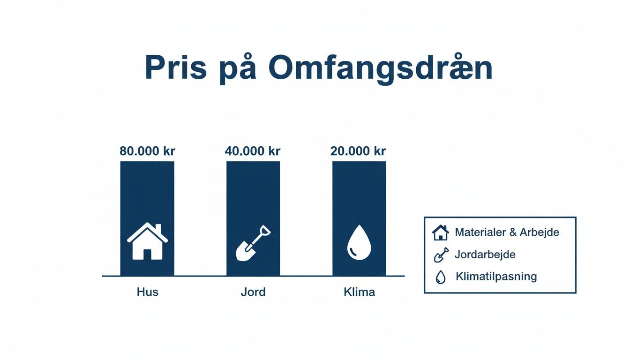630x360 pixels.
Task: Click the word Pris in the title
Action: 175,68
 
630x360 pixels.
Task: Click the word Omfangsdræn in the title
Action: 380,68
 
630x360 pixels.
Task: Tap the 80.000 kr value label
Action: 147,151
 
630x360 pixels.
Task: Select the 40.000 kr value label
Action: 253,151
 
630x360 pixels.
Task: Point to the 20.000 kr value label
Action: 359,151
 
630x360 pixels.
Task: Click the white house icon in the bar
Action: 147,241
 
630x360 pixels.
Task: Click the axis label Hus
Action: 147,292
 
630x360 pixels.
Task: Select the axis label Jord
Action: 253,292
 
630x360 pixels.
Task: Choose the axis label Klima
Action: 359,292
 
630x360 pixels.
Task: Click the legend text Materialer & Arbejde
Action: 507,232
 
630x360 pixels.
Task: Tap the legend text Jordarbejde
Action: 485,255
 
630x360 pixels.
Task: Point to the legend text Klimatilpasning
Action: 496,277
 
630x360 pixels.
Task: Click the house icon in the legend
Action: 440,232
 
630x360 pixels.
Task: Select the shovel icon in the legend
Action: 441,255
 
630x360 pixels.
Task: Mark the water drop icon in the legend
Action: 440,277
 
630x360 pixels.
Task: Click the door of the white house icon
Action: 147,254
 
